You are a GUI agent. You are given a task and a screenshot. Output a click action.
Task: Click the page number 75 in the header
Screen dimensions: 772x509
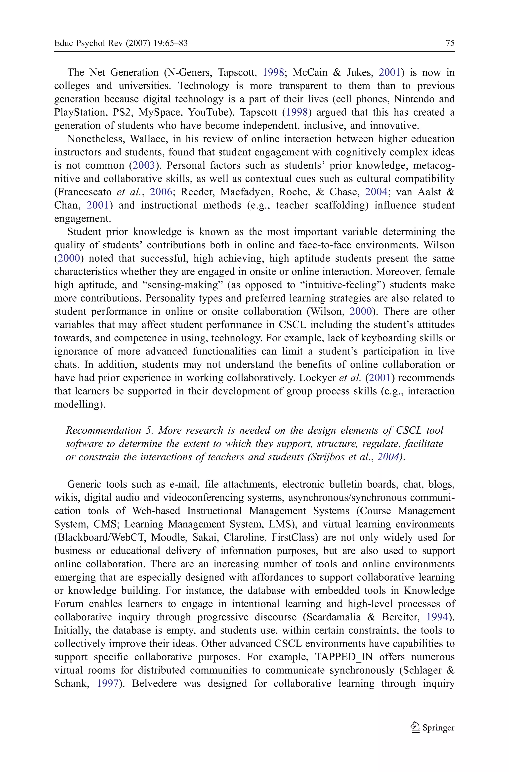[x=450, y=43]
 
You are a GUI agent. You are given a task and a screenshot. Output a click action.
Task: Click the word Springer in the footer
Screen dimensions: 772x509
[x=438, y=727]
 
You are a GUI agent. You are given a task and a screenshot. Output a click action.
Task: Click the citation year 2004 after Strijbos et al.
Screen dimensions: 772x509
[x=388, y=457]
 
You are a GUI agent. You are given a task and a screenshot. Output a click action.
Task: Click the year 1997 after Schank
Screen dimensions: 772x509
[x=107, y=683]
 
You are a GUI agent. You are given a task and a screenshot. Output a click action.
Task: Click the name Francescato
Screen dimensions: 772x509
[x=85, y=192]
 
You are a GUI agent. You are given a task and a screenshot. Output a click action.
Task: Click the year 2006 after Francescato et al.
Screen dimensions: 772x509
[x=161, y=192]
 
